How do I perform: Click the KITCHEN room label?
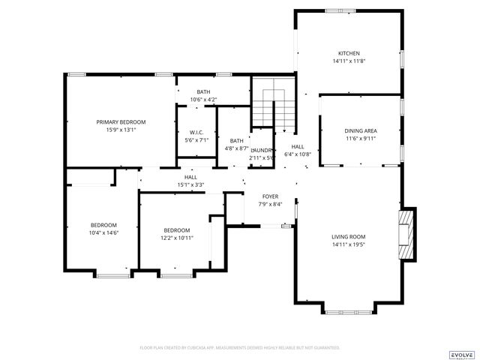349,53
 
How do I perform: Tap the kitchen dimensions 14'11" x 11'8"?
349,61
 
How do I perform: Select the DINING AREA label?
361,130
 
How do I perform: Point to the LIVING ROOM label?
349,237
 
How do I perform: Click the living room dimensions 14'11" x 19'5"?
349,245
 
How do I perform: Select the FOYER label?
270,196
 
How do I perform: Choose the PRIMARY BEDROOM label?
121,121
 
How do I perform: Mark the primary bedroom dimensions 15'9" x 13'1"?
121,130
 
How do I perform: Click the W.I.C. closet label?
196,132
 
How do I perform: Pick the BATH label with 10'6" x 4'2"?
203,91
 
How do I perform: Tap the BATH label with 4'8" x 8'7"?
237,140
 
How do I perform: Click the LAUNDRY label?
261,150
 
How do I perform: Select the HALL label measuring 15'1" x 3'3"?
190,177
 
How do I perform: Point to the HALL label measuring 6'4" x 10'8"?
298,146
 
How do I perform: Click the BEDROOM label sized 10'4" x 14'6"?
104,225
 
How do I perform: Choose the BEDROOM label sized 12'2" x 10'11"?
177,230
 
